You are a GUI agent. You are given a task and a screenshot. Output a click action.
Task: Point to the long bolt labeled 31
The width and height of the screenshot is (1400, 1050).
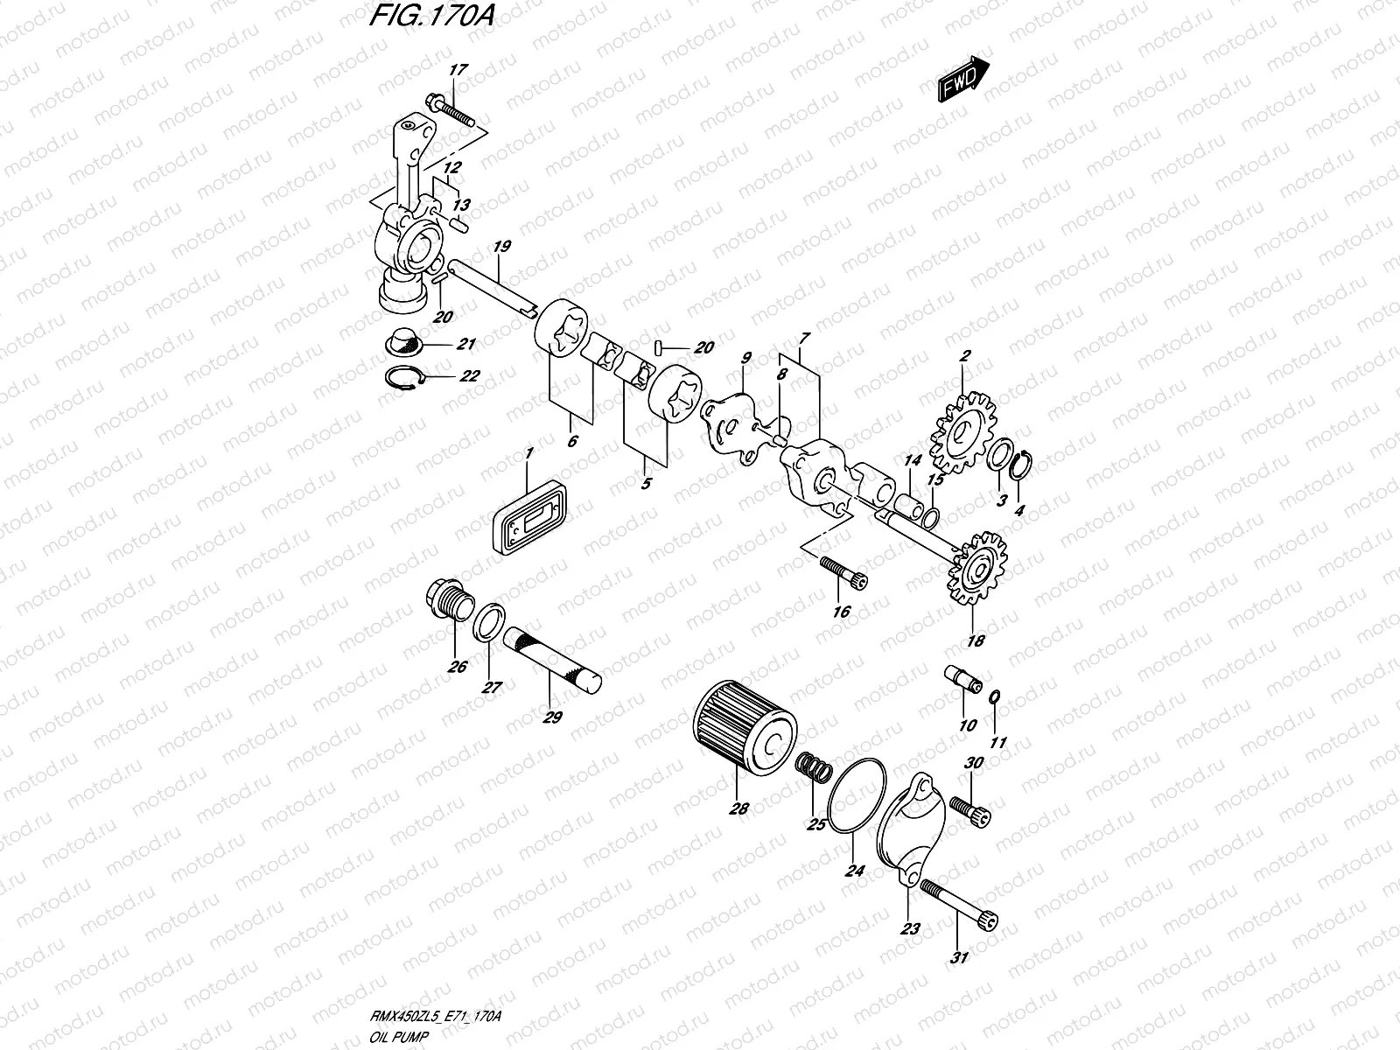coord(959,911)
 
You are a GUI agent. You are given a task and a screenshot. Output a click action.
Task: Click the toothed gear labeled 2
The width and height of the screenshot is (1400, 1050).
coord(961,434)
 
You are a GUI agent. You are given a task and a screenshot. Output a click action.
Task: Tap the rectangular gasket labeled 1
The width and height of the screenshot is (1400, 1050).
coord(526,517)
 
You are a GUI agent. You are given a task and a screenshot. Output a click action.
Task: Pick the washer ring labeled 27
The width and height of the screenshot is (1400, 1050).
coord(491,623)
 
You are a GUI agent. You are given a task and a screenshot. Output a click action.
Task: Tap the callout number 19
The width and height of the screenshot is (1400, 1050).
coord(501,247)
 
